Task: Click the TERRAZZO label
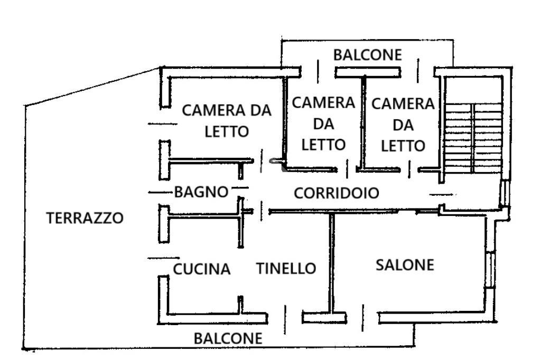(x=85, y=217)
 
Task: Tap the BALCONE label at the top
(x=368, y=55)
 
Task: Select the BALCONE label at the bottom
(x=228, y=338)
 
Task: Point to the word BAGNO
(x=201, y=192)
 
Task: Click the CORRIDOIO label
(x=336, y=193)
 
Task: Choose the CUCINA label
(x=202, y=269)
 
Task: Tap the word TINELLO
(x=286, y=269)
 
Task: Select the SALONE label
(x=405, y=265)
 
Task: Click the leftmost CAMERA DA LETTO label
(x=227, y=120)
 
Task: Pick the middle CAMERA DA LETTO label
(x=323, y=124)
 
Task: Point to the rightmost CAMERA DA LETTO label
(x=403, y=125)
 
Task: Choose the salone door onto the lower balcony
(x=363, y=318)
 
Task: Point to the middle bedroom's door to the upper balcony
(x=318, y=72)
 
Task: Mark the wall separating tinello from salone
(x=332, y=261)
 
